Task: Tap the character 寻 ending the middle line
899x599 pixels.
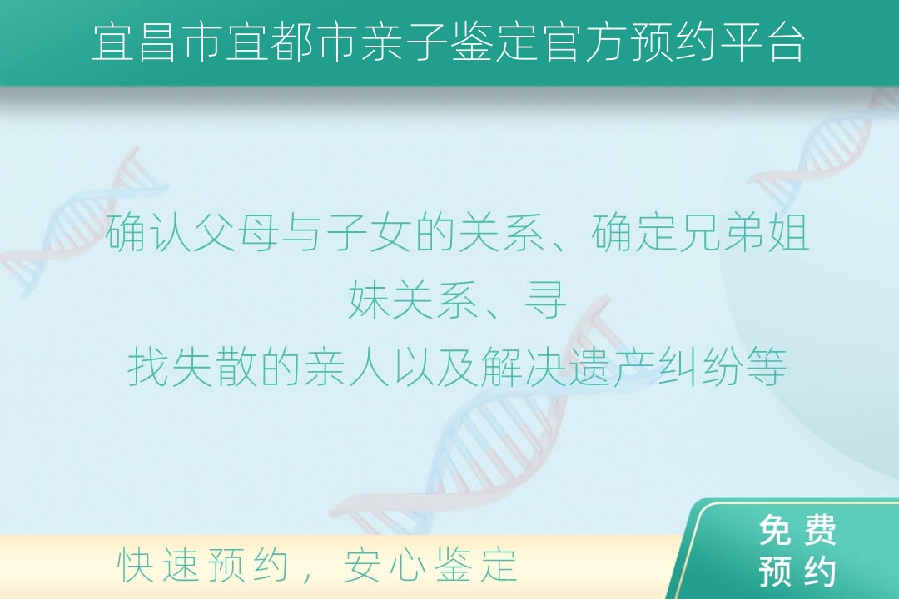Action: point(546,299)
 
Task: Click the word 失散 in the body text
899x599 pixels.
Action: point(215,367)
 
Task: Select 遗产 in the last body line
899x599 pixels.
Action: point(611,367)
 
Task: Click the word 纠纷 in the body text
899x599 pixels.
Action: point(699,367)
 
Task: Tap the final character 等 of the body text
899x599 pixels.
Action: point(766,367)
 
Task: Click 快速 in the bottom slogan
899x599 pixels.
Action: point(157,565)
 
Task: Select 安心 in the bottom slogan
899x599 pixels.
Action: point(384,565)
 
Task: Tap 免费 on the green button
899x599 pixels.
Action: point(797,530)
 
